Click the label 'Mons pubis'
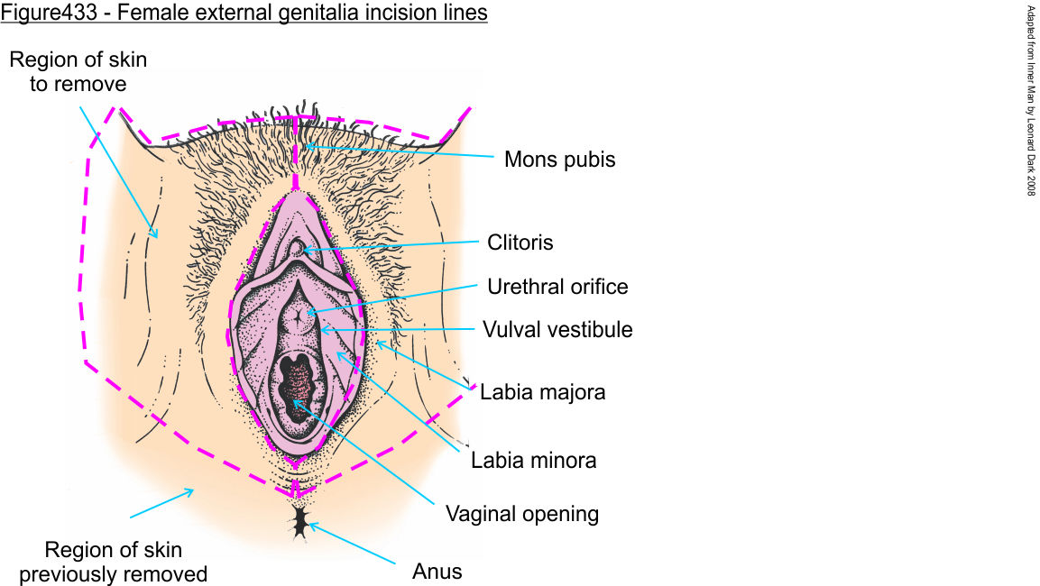tap(559, 160)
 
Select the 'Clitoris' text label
tap(520, 243)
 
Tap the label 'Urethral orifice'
tap(557, 287)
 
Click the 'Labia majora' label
tap(542, 393)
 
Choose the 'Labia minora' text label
tap(534, 461)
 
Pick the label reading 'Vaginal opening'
tap(522, 514)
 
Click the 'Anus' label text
tap(437, 571)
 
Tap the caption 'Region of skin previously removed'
tap(113, 562)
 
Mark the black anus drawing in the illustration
tap(299, 522)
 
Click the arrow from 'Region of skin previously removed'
tap(162, 503)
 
